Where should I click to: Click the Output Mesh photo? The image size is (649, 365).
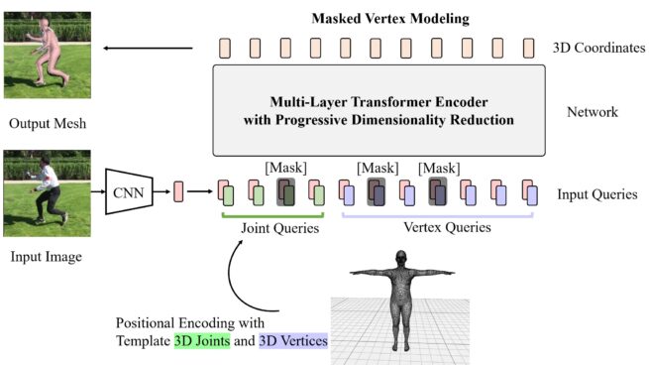click(47, 59)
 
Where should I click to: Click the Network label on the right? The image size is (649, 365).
click(591, 112)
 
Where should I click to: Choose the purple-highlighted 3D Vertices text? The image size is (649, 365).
click(294, 341)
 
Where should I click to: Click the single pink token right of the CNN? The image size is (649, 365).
click(178, 188)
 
